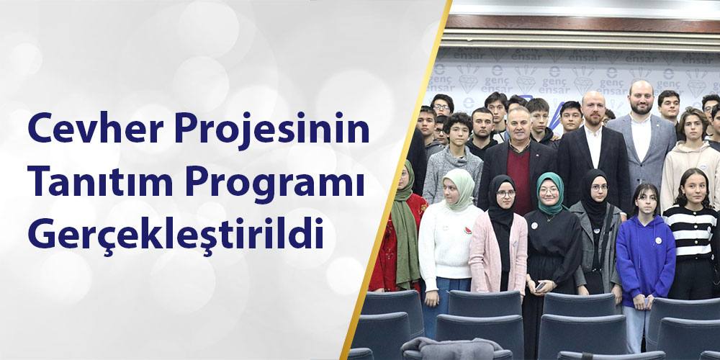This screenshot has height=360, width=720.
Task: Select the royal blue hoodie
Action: tap(644, 252)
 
